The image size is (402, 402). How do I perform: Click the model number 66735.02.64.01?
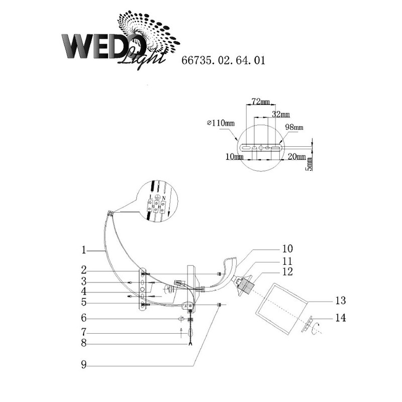(222, 61)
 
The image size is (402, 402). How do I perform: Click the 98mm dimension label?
(293, 128)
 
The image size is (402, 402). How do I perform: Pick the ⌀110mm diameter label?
(221, 123)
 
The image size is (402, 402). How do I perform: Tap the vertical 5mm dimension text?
(310, 163)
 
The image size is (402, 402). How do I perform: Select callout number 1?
(83, 249)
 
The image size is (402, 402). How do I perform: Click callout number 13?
(340, 300)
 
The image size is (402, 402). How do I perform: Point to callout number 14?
(340, 318)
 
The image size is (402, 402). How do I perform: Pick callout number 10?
(287, 249)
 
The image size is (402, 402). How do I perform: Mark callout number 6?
(83, 318)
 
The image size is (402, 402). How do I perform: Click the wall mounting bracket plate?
(144, 289)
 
